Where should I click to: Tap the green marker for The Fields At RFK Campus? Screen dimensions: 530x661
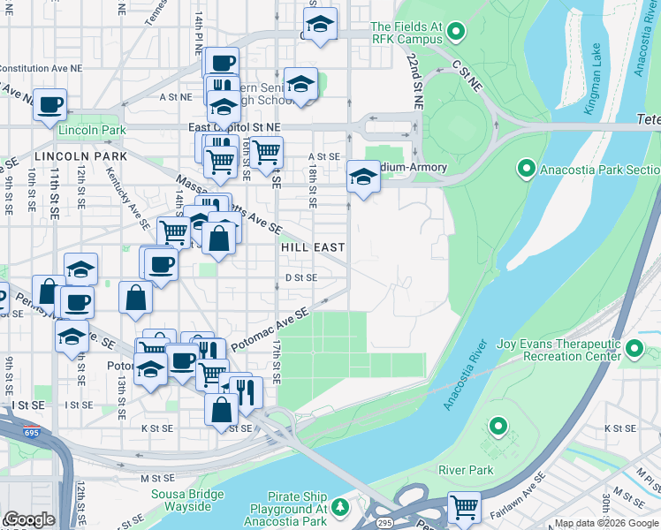pos(456,33)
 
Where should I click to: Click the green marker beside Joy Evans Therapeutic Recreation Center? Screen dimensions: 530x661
pos(635,350)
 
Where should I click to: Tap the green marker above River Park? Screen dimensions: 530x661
pos(498,428)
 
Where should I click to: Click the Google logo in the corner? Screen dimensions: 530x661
pos(29,519)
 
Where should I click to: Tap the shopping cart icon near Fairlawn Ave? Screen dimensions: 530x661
pos(464,507)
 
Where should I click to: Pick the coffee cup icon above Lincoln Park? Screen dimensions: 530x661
pos(50,103)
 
